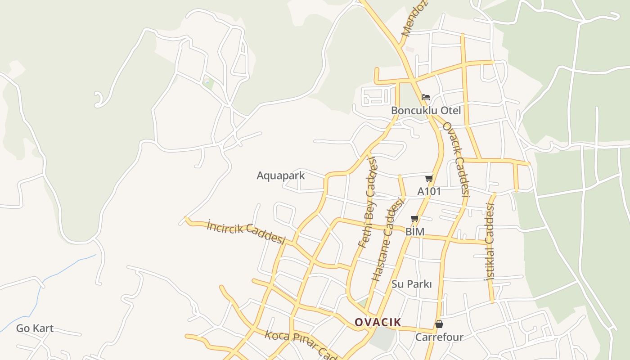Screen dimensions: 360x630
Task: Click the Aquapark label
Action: pos(280,175)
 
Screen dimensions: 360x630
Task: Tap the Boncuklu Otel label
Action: pos(426,110)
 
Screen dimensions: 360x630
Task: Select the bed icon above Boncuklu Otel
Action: pos(426,97)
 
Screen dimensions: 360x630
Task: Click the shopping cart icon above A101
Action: pos(429,179)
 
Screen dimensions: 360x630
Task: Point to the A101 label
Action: pos(429,191)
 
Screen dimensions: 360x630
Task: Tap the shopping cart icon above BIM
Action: pos(414,219)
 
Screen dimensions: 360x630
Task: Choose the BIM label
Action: pos(414,232)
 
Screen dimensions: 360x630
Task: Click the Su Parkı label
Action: pos(411,284)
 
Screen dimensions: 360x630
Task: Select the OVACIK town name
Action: pos(378,322)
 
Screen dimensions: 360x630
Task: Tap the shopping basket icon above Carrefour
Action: pos(439,324)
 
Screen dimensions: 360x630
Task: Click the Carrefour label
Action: pos(439,337)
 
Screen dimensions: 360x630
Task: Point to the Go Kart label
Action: pos(35,328)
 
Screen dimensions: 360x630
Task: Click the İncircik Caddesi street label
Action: pos(246,232)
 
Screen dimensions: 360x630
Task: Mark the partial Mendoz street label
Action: pos(414,19)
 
